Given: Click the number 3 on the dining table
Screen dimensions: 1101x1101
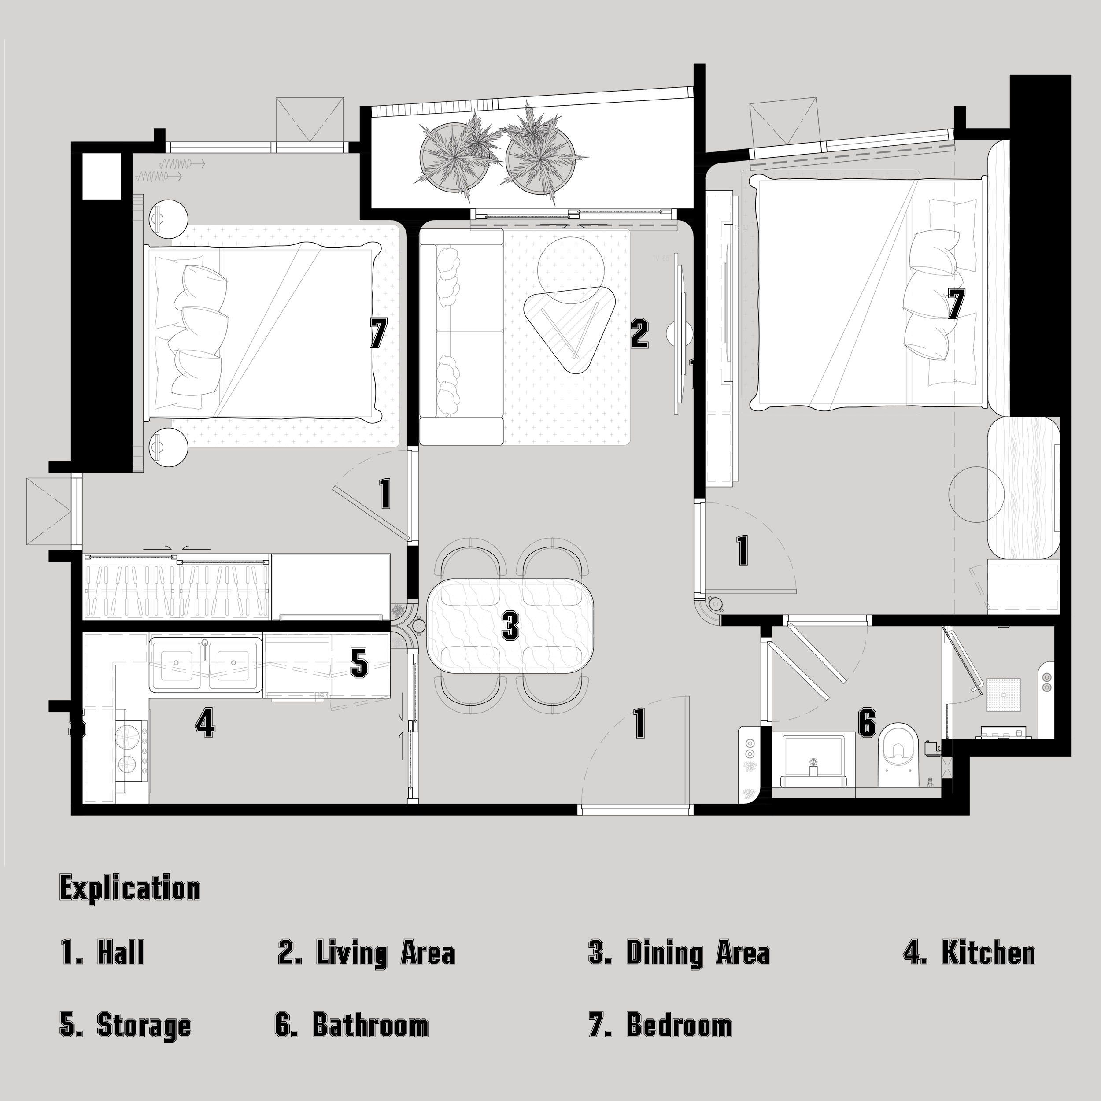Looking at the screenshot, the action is pos(510,626).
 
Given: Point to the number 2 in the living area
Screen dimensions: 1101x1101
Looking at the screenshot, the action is pos(639,333).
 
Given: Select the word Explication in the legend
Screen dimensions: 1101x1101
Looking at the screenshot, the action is pos(130,888).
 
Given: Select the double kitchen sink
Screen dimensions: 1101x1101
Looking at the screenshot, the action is pos(206,665).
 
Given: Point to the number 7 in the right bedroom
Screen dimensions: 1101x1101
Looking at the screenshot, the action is pos(956,303).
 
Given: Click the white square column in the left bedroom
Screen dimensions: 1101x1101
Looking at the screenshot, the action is pos(102,176).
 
